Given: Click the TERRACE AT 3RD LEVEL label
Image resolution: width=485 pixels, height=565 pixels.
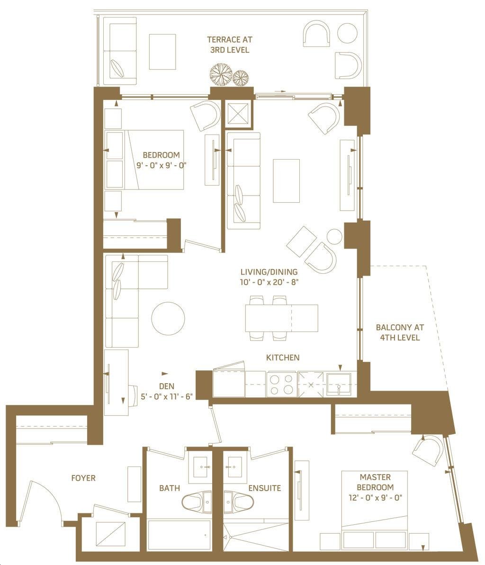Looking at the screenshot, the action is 230,45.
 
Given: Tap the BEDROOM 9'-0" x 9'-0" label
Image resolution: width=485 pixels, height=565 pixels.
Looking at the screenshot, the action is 161,161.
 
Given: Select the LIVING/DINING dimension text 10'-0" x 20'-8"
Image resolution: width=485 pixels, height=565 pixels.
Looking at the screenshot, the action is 269,282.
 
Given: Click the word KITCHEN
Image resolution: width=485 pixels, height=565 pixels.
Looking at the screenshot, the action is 282,358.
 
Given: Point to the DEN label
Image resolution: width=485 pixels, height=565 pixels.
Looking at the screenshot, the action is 166,386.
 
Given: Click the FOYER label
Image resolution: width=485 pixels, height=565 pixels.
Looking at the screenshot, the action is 83,478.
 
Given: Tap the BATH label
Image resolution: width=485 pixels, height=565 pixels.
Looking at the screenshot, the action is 170,488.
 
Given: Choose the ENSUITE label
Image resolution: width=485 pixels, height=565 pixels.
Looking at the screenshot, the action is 264,488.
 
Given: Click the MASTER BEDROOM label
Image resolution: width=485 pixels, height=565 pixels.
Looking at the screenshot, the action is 375,482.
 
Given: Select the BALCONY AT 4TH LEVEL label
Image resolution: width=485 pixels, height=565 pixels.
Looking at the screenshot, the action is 400,332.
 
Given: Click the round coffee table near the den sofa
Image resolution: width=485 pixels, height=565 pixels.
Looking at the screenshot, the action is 168,319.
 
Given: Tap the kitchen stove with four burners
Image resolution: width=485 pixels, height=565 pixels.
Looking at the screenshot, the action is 282,385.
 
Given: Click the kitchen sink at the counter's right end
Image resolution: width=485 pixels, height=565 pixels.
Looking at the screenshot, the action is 339,385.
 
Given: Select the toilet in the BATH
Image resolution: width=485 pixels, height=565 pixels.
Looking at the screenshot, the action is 197,502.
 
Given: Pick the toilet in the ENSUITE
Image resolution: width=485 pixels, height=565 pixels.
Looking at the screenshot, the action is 239,502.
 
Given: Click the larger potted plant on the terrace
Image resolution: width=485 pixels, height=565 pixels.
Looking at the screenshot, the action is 221,74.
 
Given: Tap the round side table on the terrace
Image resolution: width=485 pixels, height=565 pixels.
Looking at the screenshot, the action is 347,33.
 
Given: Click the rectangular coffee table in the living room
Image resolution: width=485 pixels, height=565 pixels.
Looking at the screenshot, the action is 286,181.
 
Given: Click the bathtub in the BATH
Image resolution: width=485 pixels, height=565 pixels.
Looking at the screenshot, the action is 179,535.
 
